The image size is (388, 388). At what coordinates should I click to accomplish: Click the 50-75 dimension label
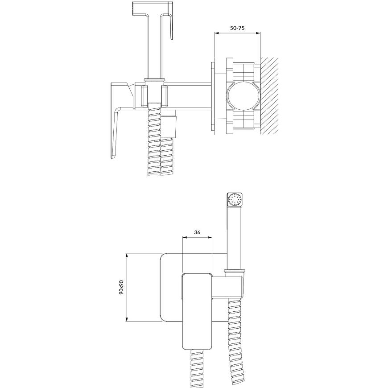pos(237,28)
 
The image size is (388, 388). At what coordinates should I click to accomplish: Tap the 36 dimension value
pos(197,232)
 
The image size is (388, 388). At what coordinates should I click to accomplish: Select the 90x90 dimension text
pos(121,287)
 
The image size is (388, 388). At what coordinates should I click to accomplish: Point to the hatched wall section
pos(269,96)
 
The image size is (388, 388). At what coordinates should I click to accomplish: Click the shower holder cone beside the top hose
pos(169,127)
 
